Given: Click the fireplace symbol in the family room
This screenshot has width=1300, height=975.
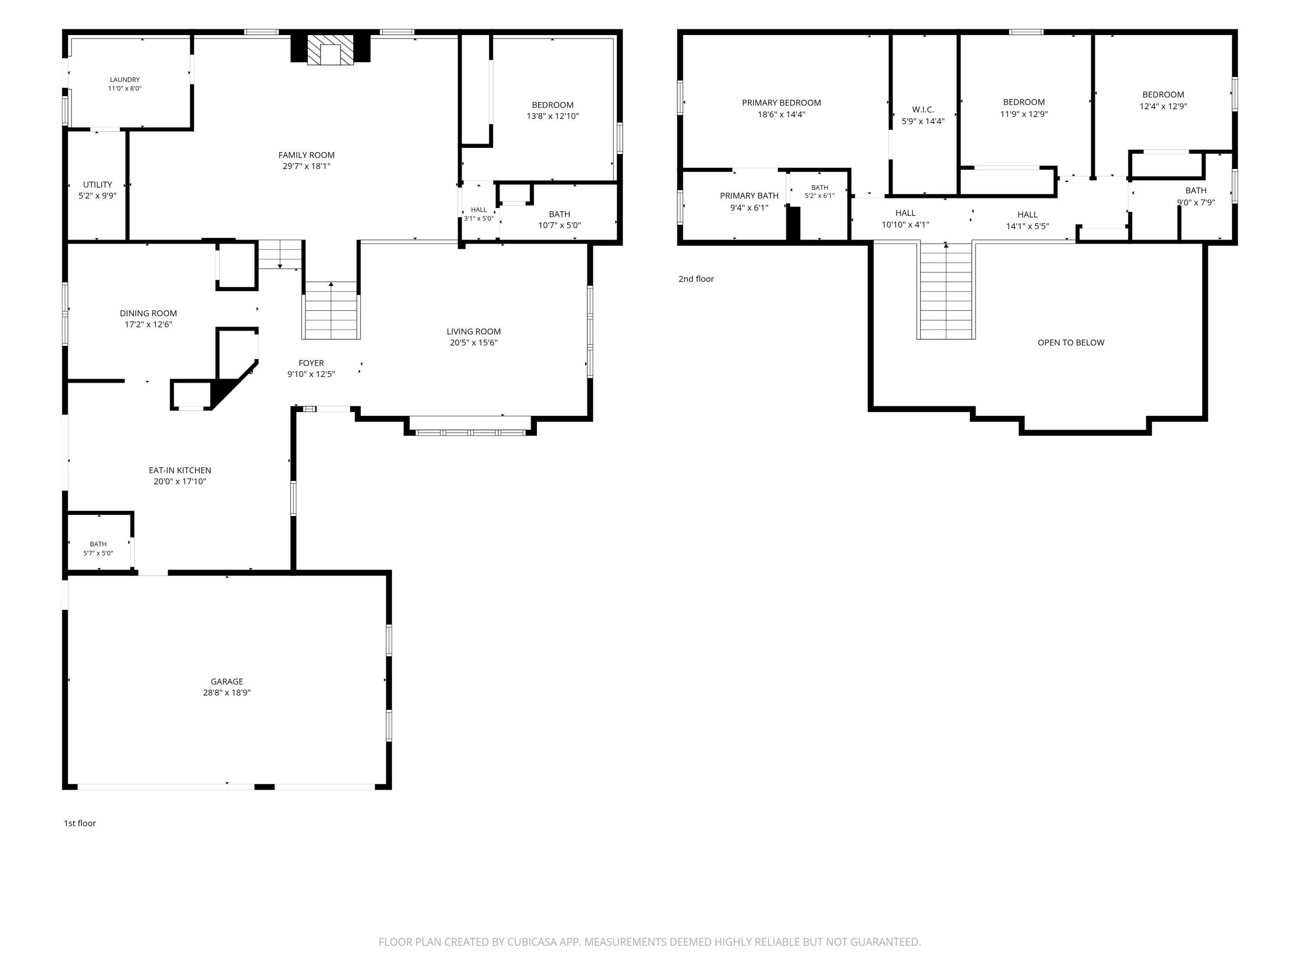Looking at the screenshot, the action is [331, 49].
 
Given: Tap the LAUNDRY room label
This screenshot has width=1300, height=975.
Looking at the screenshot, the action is [125, 79].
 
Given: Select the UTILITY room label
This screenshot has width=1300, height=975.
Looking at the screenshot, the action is [97, 185].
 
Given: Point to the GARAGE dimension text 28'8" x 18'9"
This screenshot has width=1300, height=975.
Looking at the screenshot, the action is [227, 692].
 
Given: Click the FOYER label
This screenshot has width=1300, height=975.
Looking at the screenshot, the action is [311, 363].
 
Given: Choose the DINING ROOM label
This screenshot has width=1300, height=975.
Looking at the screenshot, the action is [148, 313].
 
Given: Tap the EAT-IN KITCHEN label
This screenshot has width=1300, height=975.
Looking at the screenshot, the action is [180, 470].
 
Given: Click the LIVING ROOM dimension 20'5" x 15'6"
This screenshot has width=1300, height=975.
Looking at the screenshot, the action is [474, 343].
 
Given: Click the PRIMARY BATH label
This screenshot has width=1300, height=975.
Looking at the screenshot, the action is [749, 196].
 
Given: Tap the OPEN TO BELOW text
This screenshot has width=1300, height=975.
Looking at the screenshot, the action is [1071, 343].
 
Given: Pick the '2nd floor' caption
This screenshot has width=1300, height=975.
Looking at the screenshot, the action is [696, 279].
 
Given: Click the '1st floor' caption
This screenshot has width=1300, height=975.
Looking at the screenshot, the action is [79, 823].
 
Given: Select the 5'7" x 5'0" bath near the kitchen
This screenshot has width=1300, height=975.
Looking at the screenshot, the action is [98, 553].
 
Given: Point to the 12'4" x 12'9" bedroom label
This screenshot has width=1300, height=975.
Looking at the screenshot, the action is [1163, 106].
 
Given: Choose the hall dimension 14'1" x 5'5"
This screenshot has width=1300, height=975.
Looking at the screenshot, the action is [1027, 226].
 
